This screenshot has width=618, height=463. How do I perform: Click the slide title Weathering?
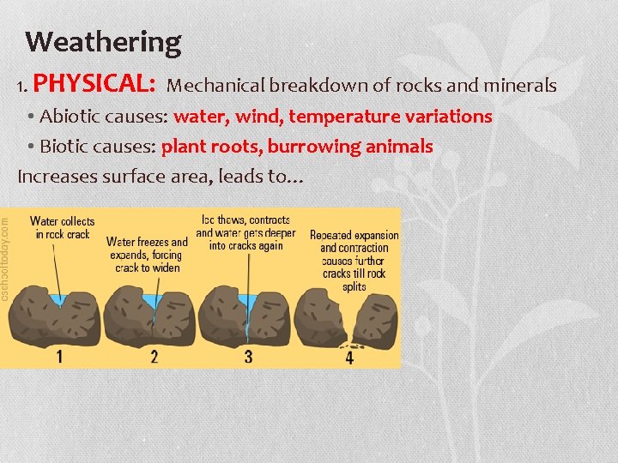pyautogui.click(x=103, y=41)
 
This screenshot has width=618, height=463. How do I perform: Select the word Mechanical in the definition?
pyautogui.click(x=215, y=86)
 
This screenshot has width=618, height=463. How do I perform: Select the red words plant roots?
pyautogui.click(x=211, y=147)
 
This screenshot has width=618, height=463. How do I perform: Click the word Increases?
pyautogui.click(x=56, y=177)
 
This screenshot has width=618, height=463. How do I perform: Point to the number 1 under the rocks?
pyautogui.click(x=59, y=356)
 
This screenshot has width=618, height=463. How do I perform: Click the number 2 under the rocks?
pyautogui.click(x=154, y=356)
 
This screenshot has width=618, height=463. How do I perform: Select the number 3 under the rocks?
pyautogui.click(x=248, y=356)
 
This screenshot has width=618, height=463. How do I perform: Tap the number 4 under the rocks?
pyautogui.click(x=349, y=358)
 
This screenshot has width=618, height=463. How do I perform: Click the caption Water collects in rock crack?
pyautogui.click(x=63, y=228)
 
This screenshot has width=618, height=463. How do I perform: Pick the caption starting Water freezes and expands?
pyautogui.click(x=148, y=255)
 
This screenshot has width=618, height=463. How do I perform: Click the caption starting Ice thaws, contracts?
pyautogui.click(x=245, y=232)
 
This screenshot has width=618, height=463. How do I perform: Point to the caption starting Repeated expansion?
pyautogui.click(x=354, y=261)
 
